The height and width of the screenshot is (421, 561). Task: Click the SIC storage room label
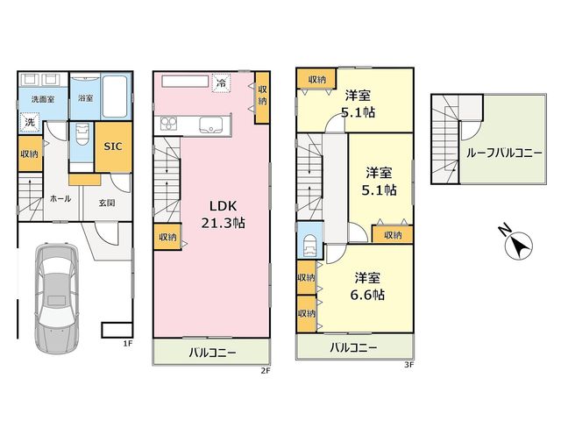(113, 146)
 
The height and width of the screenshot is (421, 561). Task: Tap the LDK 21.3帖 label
(223, 215)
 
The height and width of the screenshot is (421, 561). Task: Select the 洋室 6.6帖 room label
(367, 287)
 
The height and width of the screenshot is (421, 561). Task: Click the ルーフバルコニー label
(505, 153)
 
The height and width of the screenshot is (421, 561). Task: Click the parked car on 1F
(56, 298)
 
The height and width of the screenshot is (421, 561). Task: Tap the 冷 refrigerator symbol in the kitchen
(222, 83)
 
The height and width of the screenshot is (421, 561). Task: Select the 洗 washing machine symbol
(30, 122)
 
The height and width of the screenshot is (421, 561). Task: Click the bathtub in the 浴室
(115, 96)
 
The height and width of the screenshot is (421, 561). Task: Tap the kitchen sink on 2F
(209, 125)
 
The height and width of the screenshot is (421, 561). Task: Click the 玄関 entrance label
(107, 203)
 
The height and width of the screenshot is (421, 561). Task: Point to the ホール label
(60, 199)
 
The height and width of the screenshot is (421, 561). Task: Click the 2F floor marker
(265, 370)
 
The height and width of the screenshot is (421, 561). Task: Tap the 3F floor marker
(409, 365)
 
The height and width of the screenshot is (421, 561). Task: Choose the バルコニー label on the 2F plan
(212, 353)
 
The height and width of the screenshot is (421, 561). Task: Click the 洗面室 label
(43, 99)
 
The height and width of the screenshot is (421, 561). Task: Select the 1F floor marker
(128, 343)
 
